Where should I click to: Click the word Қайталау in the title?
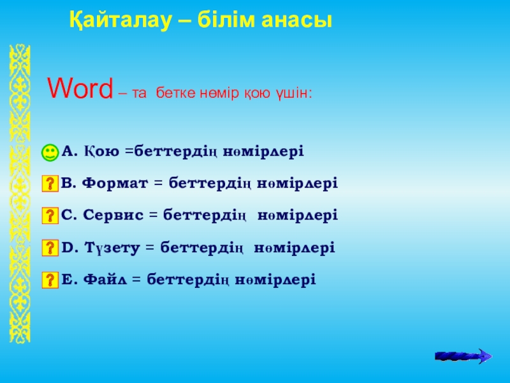(x=120, y=22)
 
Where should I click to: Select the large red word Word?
(x=80, y=88)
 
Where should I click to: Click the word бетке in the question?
(x=175, y=93)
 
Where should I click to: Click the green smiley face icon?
(x=50, y=153)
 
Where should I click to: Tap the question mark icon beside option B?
(x=50, y=184)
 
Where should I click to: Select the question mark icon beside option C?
(x=50, y=216)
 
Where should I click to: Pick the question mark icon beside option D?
(x=50, y=248)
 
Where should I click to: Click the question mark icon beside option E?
(x=50, y=280)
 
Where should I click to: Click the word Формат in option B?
(x=115, y=183)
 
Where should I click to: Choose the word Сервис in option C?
(x=113, y=215)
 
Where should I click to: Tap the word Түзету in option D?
(x=112, y=248)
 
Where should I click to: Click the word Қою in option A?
(x=102, y=152)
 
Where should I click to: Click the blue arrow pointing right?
(x=463, y=356)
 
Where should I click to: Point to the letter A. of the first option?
(x=69, y=151)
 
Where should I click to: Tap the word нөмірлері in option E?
(x=275, y=280)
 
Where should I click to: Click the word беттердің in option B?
(x=210, y=184)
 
